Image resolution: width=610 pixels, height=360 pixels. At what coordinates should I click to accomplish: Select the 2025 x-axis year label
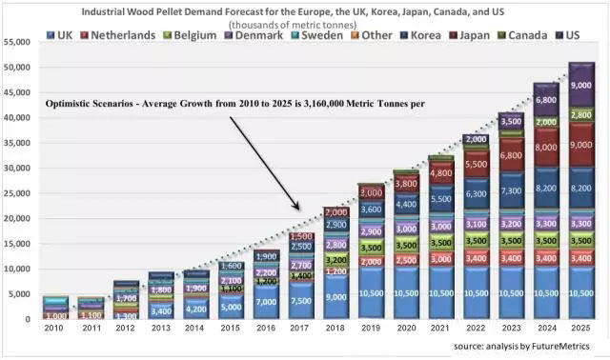(580, 329)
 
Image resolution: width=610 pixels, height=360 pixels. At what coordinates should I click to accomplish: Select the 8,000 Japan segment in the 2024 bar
(546, 148)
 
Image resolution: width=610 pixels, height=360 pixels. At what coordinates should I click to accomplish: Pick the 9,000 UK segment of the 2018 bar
(336, 296)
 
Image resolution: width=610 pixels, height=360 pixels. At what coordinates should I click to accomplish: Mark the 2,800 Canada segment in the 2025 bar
(580, 114)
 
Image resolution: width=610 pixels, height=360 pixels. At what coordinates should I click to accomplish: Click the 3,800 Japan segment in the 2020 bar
(406, 185)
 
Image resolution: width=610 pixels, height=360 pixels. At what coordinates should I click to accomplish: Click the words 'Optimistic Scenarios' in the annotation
(91, 103)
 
